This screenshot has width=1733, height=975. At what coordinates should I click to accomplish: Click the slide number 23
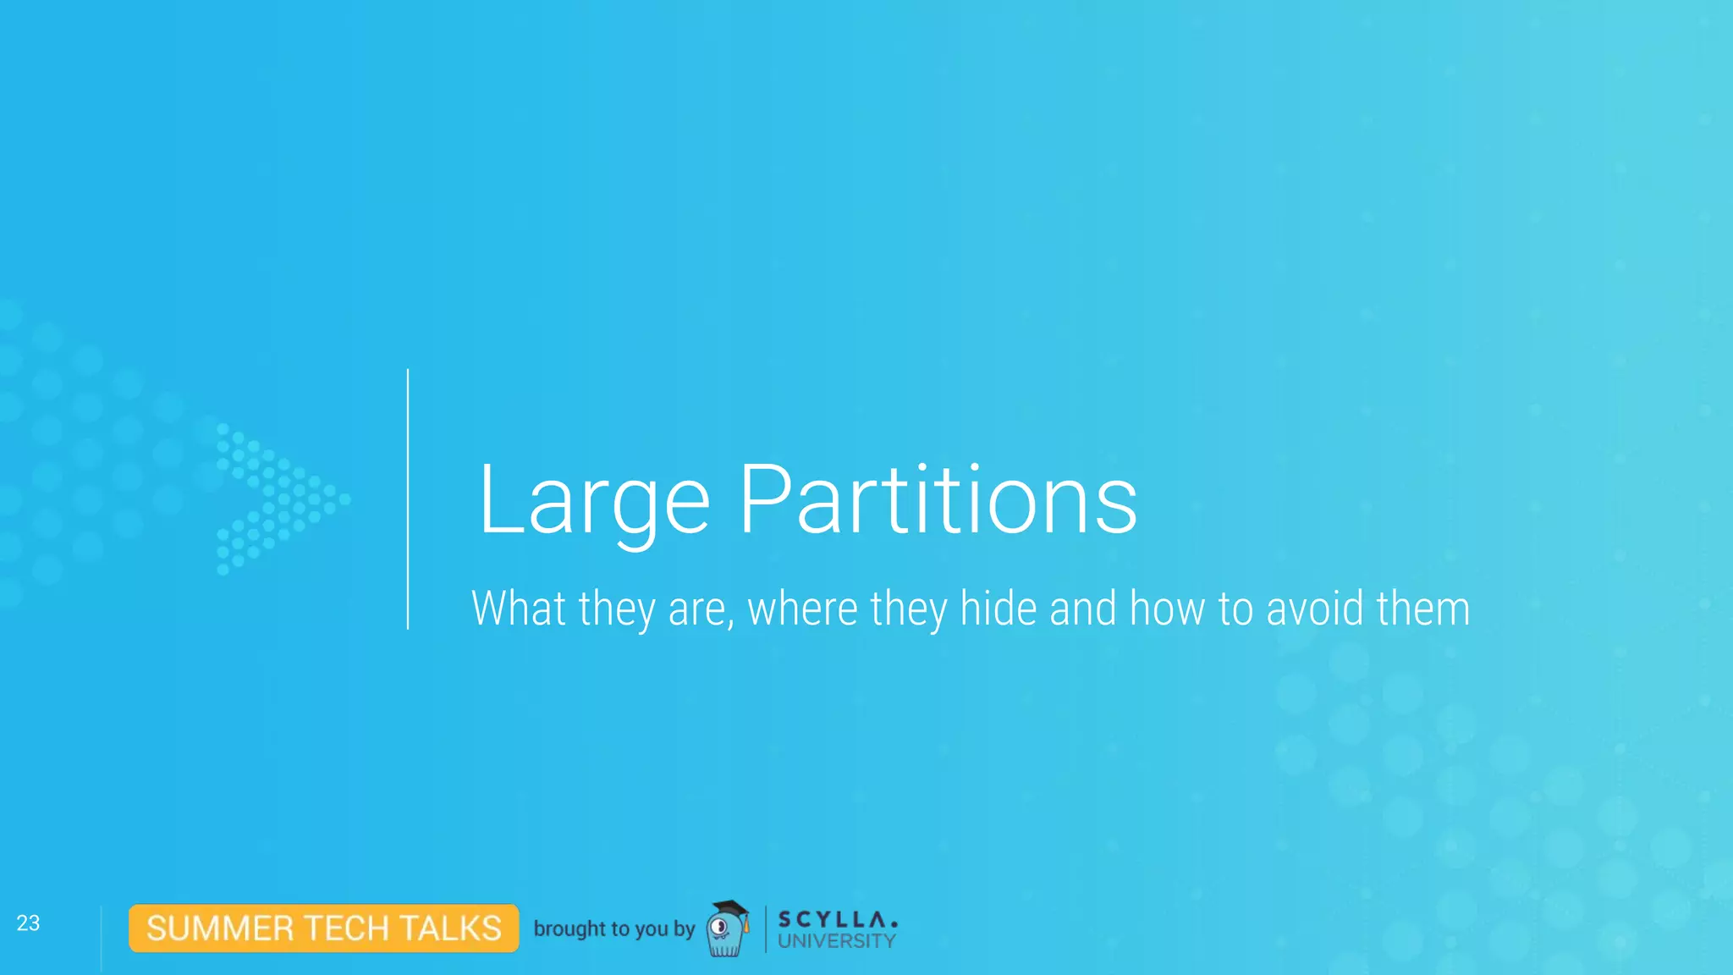coord(28,923)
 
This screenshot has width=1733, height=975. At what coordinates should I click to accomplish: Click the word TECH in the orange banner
coord(346,928)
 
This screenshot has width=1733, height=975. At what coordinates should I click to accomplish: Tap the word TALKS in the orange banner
coord(451,928)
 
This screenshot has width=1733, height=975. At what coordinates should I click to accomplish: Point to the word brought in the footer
coord(569,928)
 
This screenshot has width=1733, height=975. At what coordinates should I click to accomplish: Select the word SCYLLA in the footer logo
coord(836,919)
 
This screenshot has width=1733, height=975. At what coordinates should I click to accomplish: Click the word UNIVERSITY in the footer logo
coord(836,941)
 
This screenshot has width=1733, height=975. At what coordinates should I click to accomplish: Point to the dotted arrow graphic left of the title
coord(279,498)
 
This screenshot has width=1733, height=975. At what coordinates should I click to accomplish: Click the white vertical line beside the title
coord(408,499)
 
